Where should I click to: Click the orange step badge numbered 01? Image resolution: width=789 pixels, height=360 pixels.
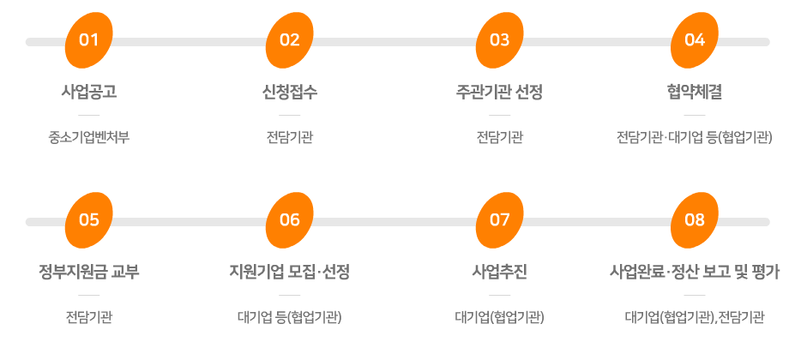89,40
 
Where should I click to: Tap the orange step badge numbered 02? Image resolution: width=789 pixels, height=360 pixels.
290,40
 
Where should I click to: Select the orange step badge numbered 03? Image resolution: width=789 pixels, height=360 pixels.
500,40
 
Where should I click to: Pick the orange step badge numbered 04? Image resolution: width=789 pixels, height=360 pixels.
695,40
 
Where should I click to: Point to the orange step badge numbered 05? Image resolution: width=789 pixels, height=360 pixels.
89,220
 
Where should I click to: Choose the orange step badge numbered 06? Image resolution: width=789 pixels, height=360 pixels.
290,220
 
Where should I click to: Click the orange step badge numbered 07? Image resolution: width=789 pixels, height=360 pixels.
500,220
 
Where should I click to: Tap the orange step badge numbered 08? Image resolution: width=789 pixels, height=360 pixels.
695,220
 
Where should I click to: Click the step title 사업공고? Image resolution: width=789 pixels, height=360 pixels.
89,93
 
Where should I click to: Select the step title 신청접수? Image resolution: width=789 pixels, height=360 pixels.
290,93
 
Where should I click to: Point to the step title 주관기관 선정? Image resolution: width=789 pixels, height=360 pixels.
500,93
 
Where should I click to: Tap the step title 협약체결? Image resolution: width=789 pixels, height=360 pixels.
695,93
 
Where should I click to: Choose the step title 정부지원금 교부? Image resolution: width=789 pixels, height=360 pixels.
89,273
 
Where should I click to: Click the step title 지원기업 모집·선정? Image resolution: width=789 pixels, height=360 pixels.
290,273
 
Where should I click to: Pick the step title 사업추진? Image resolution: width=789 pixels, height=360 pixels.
500,273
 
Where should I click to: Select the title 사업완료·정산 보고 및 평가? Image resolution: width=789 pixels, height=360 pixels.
695,273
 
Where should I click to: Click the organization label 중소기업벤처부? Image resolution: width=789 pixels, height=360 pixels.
89,137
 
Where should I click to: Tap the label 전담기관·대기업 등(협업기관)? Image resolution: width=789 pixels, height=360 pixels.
695,137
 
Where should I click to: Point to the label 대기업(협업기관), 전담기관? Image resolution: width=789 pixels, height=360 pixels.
695,318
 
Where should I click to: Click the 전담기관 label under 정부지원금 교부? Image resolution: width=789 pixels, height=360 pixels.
89,318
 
